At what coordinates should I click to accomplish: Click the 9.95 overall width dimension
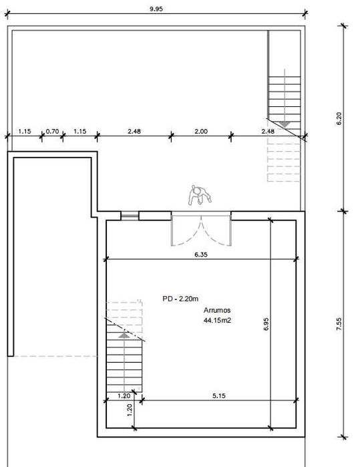click(156, 9)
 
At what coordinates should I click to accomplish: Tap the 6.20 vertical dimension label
click(339, 118)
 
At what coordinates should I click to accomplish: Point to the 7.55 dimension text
click(339, 324)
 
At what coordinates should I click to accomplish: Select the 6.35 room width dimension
click(201, 255)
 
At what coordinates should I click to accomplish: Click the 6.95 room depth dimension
click(266, 324)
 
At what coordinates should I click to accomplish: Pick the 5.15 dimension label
click(219, 396)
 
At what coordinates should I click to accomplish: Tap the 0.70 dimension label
click(52, 132)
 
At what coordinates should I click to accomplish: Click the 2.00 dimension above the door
click(201, 132)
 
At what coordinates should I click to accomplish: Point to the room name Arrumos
click(217, 310)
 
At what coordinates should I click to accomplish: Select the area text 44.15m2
click(217, 321)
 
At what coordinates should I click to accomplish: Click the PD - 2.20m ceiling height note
click(180, 299)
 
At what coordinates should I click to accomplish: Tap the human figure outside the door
click(200, 195)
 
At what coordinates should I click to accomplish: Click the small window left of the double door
click(130, 216)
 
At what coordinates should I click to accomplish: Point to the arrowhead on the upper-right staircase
click(285, 124)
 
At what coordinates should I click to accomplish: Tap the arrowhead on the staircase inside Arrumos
click(124, 335)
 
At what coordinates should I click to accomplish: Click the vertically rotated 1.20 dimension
click(129, 410)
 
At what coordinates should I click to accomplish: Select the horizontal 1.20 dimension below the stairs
click(124, 396)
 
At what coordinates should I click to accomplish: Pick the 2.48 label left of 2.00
click(134, 132)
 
